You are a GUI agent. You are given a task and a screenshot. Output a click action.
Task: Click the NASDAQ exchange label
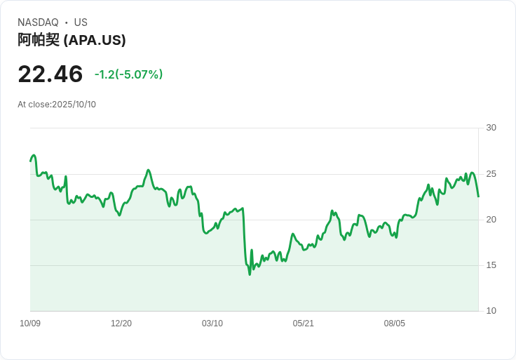tap(38, 22)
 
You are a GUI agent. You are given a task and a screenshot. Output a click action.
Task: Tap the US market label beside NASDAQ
tap(81, 22)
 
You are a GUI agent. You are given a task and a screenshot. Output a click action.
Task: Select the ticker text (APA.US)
tap(95, 40)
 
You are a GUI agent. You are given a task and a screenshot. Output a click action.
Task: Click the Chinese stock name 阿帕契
tap(39, 40)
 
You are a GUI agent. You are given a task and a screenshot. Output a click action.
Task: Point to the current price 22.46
tap(50, 74)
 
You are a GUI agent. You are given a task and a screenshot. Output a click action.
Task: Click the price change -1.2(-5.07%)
tap(128, 74)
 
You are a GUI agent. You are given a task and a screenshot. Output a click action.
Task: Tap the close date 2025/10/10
tap(74, 105)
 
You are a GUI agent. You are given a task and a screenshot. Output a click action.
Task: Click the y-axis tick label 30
tap(491, 128)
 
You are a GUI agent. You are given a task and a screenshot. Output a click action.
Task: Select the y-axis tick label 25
tap(491, 173)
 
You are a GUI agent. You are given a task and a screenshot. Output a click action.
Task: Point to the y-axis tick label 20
tap(491, 220)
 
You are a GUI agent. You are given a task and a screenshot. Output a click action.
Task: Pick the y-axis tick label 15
tap(491, 265)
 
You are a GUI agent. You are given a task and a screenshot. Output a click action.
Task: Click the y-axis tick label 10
tap(491, 311)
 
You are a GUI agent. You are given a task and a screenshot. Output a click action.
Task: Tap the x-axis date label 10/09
tap(30, 324)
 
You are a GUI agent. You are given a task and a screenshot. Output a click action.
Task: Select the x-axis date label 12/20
tap(121, 324)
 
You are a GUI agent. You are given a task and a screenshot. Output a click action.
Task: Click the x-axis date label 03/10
tap(212, 324)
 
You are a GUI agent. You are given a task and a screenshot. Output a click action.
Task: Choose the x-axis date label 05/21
tap(304, 324)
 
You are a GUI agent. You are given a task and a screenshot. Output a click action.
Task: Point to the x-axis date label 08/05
tap(395, 324)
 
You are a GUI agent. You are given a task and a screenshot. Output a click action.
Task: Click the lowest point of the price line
tap(250, 274)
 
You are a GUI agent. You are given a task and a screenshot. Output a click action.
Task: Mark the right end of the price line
tap(478, 196)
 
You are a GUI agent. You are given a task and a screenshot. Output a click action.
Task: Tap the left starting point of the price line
tap(30, 161)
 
